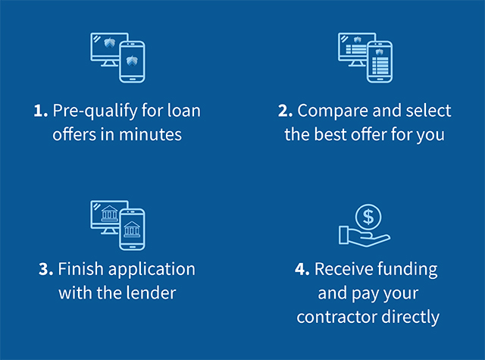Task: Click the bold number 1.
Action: (x=40, y=111)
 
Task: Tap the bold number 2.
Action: (x=285, y=111)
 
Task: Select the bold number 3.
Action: (x=45, y=269)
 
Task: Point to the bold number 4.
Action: (x=302, y=269)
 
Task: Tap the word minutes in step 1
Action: (x=150, y=135)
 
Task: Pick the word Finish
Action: (x=81, y=268)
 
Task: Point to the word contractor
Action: (x=336, y=317)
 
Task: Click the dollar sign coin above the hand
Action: (x=368, y=217)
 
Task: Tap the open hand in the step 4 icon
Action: (x=365, y=236)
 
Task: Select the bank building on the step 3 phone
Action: (x=132, y=229)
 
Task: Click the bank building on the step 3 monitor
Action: (x=109, y=214)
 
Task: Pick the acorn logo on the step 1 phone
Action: (x=132, y=61)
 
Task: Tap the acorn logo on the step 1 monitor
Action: (x=109, y=42)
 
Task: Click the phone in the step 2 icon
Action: (x=380, y=62)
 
